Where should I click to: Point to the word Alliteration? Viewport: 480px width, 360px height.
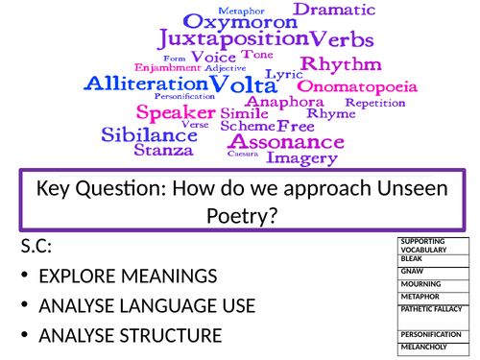[x=144, y=84]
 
